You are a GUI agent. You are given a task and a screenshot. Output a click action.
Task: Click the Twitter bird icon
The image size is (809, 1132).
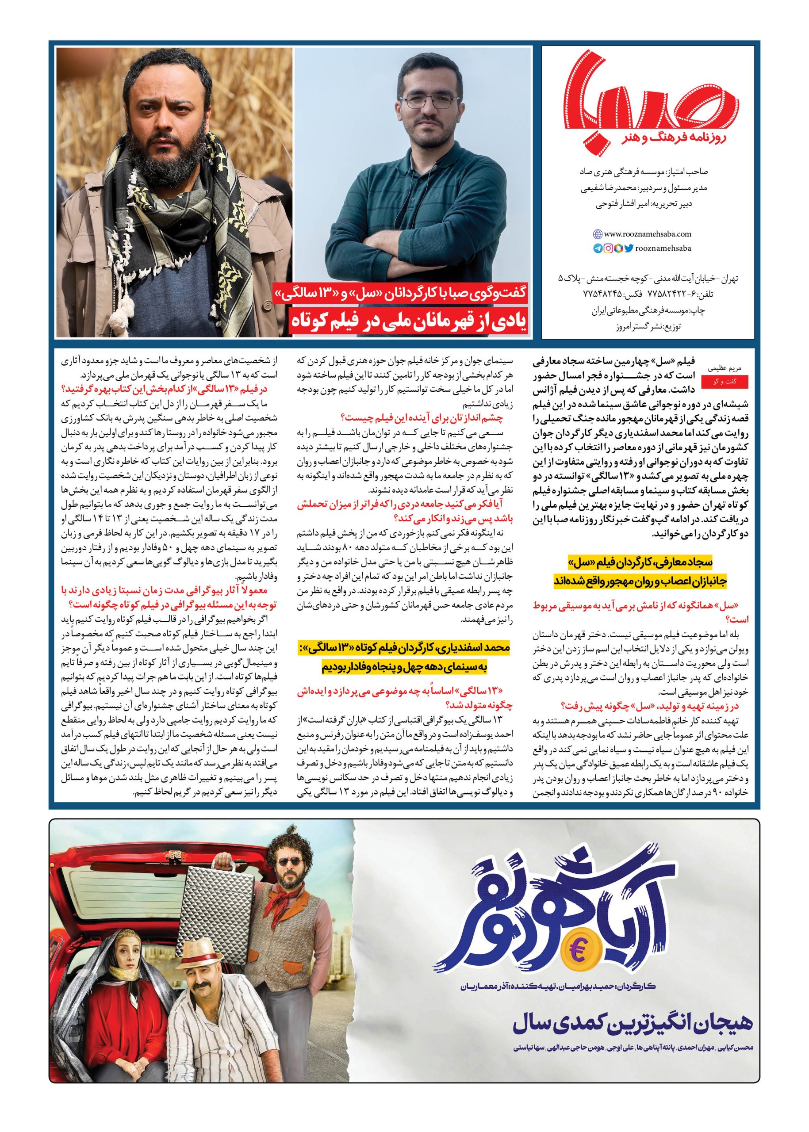629,249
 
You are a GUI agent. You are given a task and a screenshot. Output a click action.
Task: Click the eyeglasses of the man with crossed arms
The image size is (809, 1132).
429,103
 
